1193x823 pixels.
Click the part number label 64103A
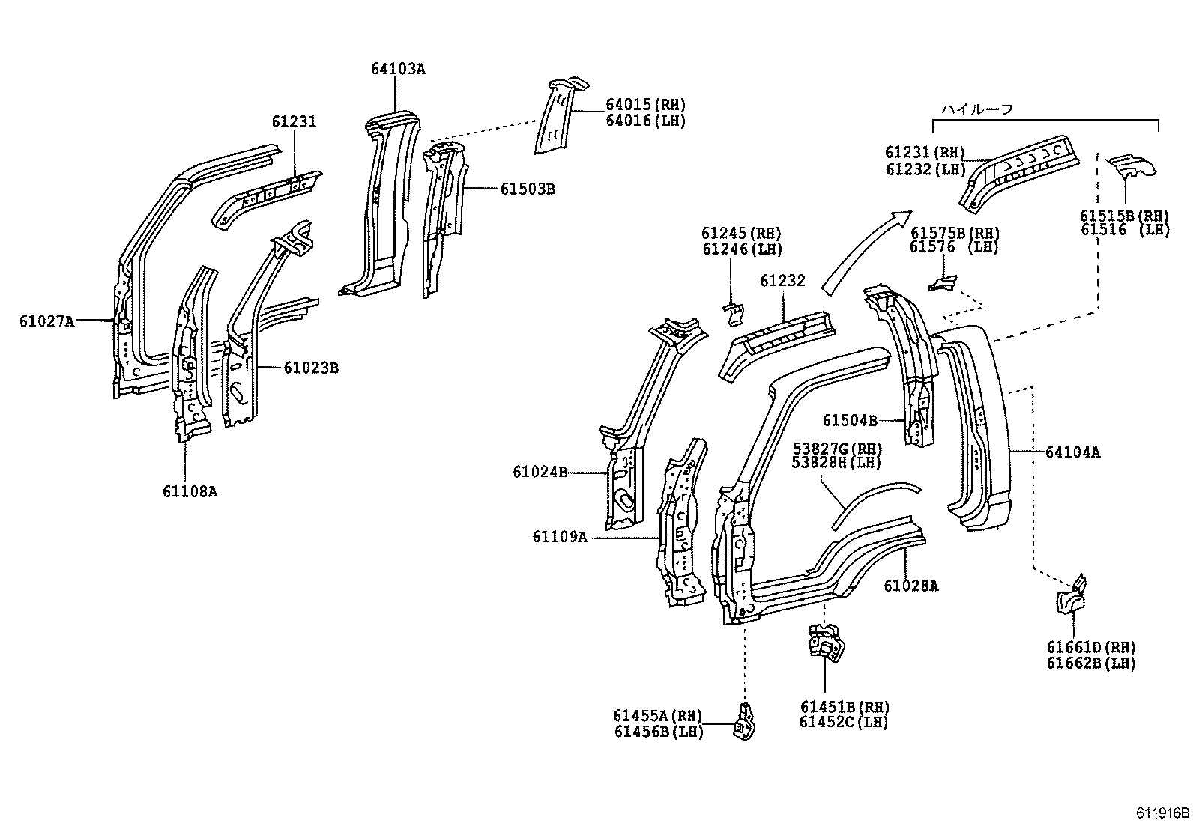click(x=397, y=69)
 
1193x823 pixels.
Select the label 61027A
click(x=46, y=322)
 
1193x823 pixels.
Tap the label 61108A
click(x=190, y=491)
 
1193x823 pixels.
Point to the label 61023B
click(x=310, y=368)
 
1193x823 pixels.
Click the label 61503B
click(x=528, y=189)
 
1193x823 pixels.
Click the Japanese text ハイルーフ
click(x=977, y=109)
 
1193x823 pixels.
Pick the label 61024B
click(x=540, y=471)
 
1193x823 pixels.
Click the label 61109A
click(x=560, y=537)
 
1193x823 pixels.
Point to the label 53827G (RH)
click(x=837, y=449)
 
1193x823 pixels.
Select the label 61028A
click(x=910, y=586)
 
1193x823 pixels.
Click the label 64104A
click(x=1072, y=452)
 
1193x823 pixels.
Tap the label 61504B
click(x=850, y=421)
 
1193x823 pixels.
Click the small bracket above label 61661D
click(x=1072, y=596)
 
